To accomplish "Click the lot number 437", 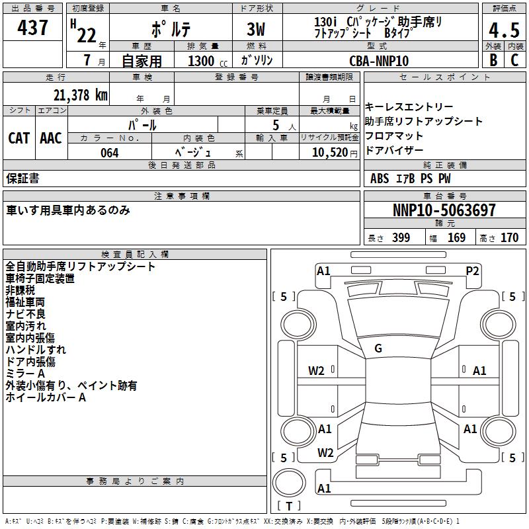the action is pos(33,28).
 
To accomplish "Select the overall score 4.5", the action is pos(503,31).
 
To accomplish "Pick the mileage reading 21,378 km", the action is pos(80,95).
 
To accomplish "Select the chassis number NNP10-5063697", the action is pos(444,211).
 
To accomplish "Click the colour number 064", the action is pos(110,153).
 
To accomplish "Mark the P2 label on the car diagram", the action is pos(472,270).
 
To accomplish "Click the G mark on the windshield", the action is pos(378,348).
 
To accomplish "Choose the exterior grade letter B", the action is pos(493,60).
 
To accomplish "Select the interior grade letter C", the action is pos(515,60).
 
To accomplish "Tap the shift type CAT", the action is pos(19,138).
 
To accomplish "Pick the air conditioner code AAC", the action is pos(50,138).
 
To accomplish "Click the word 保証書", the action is pos(22,179).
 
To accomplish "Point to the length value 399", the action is pos(399,238).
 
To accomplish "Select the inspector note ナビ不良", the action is pos(26,314).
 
